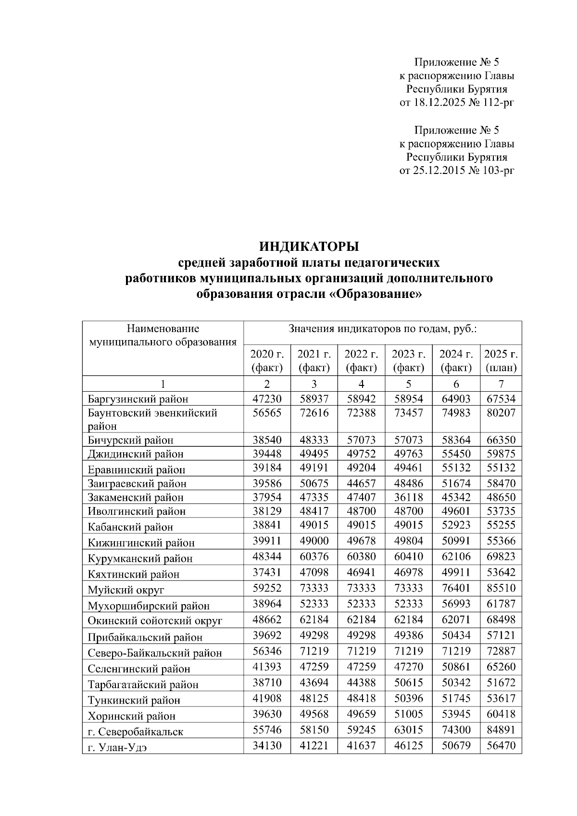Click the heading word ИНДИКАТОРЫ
coord(309,247)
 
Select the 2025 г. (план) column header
coord(501,361)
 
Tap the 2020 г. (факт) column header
coord(267,361)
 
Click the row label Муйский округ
coord(126,590)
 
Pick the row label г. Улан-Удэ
coord(118,747)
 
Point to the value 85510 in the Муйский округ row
coord(501,588)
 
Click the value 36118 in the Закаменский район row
coord(408,496)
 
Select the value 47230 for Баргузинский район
coord(267,398)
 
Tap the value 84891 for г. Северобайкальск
coord(501,729)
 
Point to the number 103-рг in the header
coord(497,170)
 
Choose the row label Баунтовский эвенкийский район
coord(152,419)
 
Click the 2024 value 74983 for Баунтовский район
coord(456,413)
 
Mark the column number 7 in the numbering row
coord(501,384)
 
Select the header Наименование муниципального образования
coord(163,335)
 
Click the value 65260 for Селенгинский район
coord(501,667)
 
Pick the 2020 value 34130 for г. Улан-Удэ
coord(267,745)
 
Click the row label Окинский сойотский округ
coord(155,621)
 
